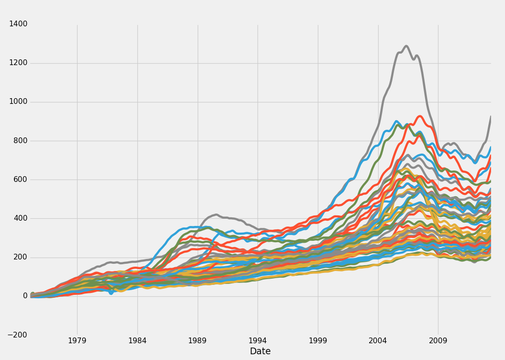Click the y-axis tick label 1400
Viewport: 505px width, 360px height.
(x=18, y=24)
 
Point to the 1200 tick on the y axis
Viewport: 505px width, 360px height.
(x=18, y=63)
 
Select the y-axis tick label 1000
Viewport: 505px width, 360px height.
(x=18, y=101)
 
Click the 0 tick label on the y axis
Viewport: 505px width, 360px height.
(x=25, y=296)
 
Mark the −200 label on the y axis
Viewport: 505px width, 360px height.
(x=17, y=335)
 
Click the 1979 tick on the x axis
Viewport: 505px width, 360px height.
(x=77, y=341)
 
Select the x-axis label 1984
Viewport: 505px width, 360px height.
(x=137, y=341)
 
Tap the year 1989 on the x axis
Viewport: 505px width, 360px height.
(x=198, y=341)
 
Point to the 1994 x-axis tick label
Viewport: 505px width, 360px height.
(x=258, y=341)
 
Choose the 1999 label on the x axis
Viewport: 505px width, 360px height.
(x=318, y=341)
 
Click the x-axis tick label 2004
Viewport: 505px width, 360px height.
(x=378, y=341)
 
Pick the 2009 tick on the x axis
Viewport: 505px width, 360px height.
(x=438, y=341)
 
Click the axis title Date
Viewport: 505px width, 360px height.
(x=260, y=351)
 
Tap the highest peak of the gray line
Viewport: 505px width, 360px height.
(x=406, y=46)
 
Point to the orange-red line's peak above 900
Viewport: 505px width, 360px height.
(x=420, y=116)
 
